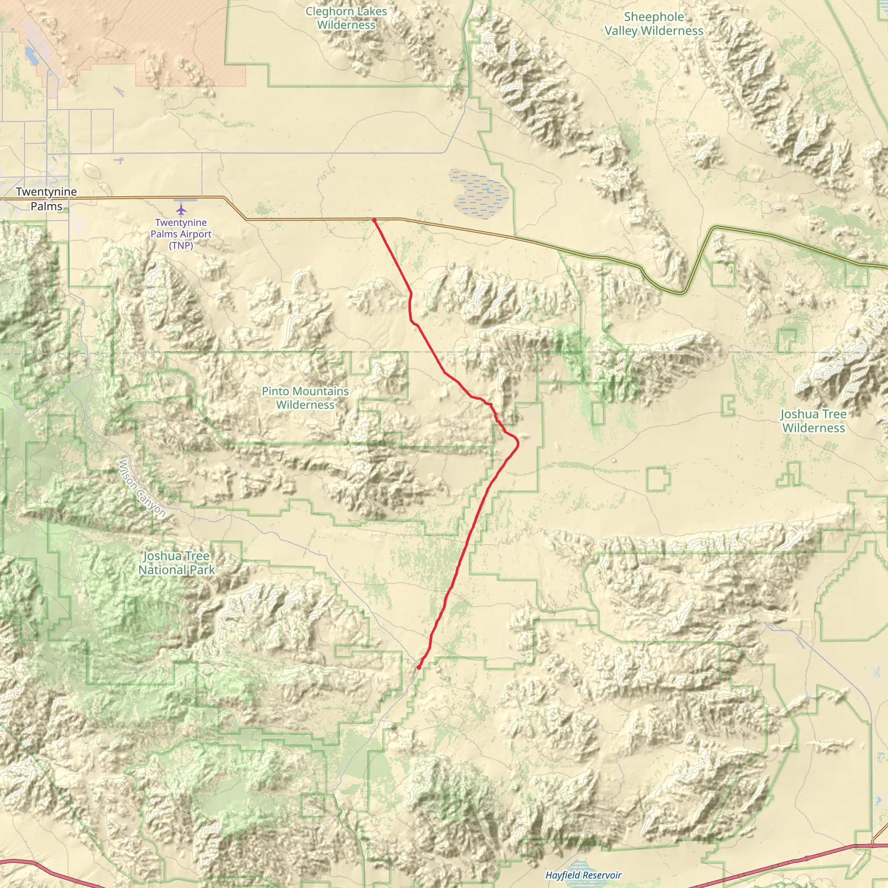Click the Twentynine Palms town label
point(46,199)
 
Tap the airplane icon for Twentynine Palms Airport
point(181,210)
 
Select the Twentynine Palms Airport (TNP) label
point(181,234)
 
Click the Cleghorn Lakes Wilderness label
point(346,18)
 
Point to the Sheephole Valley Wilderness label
point(653,24)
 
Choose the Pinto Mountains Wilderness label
point(305,398)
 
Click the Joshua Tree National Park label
point(176,563)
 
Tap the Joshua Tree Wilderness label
point(813,421)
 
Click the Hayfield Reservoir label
point(583,875)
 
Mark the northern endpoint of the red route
point(375,221)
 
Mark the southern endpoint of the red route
point(419,667)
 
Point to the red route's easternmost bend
point(518,443)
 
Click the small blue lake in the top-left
point(32,56)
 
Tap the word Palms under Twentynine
point(46,206)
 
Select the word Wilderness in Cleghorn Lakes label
point(346,25)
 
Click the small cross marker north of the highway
point(120,160)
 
